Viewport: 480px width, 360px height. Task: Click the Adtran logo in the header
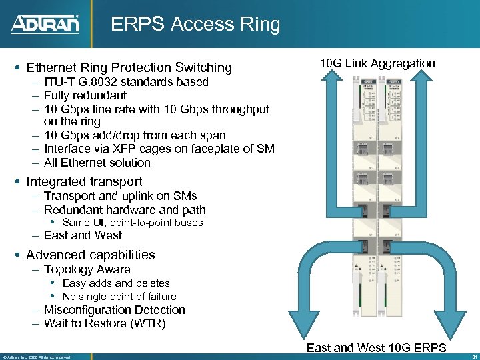[x=45, y=25]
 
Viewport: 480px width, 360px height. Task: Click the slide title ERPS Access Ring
[x=195, y=25]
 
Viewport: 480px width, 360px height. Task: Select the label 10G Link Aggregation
[x=377, y=63]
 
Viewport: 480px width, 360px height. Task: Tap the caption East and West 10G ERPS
[x=376, y=348]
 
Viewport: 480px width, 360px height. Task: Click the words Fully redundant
[x=85, y=95]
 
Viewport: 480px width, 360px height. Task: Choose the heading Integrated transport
[x=84, y=181]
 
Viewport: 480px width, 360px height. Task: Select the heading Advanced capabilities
[x=90, y=255]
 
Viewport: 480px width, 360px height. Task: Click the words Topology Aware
[x=87, y=269]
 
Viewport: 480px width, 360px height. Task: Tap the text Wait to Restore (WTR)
[x=104, y=323]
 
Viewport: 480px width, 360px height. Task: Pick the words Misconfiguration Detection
[x=114, y=310]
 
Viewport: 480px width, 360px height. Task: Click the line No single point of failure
[x=119, y=297]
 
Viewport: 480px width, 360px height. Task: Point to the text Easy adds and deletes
[x=116, y=283]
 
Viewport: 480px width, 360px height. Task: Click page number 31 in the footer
[x=472, y=356]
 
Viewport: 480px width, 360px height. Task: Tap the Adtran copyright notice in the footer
[x=37, y=357]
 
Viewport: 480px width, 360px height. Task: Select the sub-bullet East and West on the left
[x=83, y=235]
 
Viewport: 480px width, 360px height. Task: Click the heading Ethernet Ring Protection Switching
[x=129, y=67]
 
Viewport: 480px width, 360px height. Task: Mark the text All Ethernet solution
[x=97, y=162]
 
